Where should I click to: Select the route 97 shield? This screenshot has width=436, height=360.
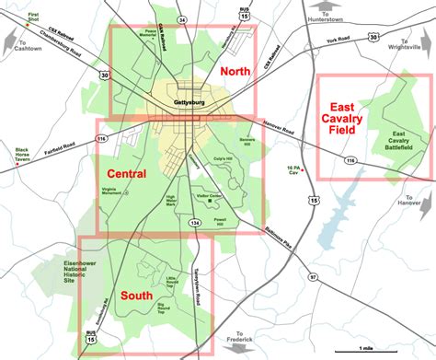click(x=312, y=277)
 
